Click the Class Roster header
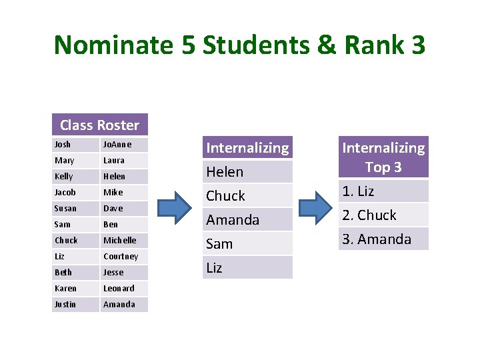click(99, 125)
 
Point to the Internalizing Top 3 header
click(383, 157)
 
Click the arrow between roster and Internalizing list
click(175, 207)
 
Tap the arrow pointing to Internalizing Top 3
click(314, 207)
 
